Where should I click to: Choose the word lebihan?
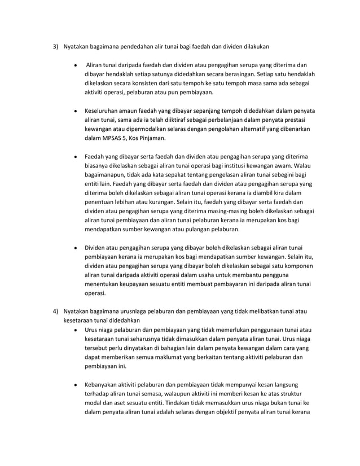click(x=129, y=207)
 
